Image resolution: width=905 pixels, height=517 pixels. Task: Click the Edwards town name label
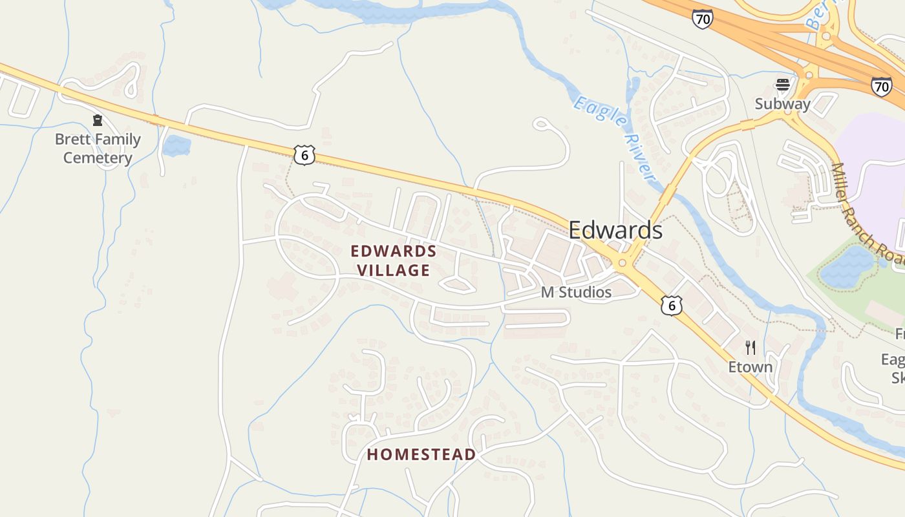pos(615,230)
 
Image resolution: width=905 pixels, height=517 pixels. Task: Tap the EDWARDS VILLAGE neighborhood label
pos(394,260)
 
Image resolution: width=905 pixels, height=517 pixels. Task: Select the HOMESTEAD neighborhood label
pos(421,454)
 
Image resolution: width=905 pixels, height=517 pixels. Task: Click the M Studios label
pos(576,292)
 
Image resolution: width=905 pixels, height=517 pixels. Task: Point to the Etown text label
pos(750,367)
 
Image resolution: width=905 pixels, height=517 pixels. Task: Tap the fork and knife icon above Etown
pos(751,348)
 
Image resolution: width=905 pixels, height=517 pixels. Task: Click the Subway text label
pos(782,104)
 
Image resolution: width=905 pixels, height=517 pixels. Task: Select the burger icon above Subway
pos(783,84)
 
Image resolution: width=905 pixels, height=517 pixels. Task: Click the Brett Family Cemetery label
pos(98,148)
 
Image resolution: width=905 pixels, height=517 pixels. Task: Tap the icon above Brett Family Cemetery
pos(98,120)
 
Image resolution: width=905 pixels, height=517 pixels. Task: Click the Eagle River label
pos(615,138)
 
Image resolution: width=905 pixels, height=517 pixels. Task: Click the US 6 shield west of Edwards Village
pos(304,154)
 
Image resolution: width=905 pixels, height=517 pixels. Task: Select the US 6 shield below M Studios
pos(672,305)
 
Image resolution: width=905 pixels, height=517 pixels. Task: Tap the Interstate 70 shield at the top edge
pos(702,19)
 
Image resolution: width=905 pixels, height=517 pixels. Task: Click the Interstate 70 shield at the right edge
pos(881,87)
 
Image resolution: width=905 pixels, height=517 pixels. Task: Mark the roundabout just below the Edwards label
pos(623,263)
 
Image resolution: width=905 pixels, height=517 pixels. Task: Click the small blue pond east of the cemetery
pos(176,145)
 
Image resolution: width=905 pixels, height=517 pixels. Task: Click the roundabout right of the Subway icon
pos(808,76)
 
